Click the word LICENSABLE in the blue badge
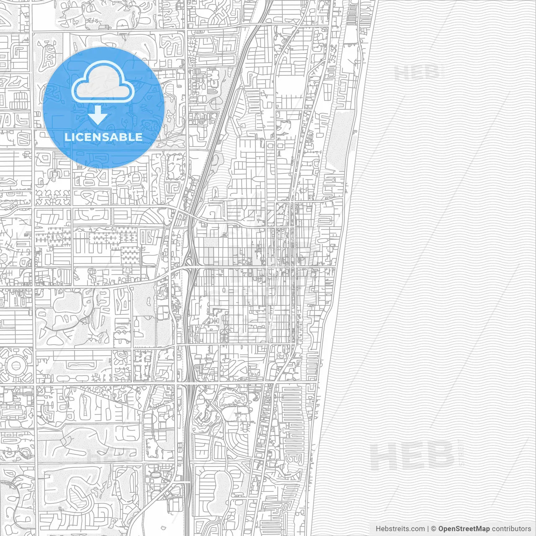point(103,137)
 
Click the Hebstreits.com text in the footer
point(400,529)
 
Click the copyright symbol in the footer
point(434,529)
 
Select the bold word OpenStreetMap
point(464,529)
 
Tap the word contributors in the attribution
point(511,529)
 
